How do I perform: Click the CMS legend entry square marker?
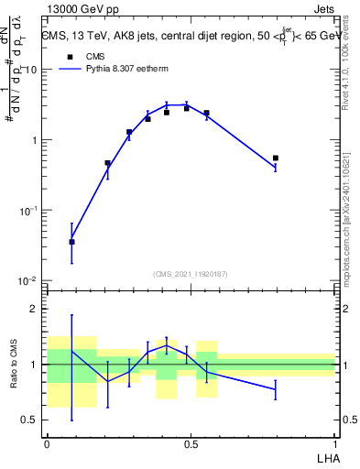69,56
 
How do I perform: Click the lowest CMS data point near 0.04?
72,242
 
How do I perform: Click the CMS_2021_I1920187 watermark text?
191,273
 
